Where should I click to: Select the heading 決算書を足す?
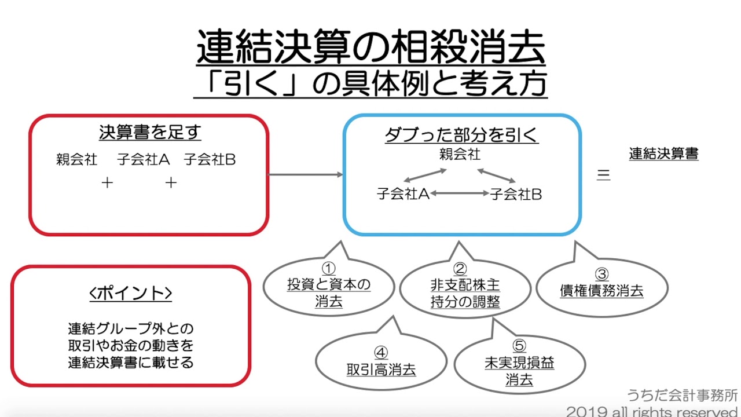(149, 133)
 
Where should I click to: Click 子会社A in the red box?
(143, 160)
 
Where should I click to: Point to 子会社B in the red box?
(210, 160)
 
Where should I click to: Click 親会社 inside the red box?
(77, 160)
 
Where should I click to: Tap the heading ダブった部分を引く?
(461, 135)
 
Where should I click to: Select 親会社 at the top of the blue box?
(460, 155)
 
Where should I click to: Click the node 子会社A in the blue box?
(402, 195)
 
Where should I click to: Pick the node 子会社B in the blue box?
(516, 195)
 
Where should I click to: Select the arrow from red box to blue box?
(306, 174)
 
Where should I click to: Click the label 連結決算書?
(663, 154)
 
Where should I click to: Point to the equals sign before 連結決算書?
(603, 175)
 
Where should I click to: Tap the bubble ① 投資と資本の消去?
(329, 286)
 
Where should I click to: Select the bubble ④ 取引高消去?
(381, 363)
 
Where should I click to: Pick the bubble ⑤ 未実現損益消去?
(519, 364)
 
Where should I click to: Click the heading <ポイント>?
(131, 294)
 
